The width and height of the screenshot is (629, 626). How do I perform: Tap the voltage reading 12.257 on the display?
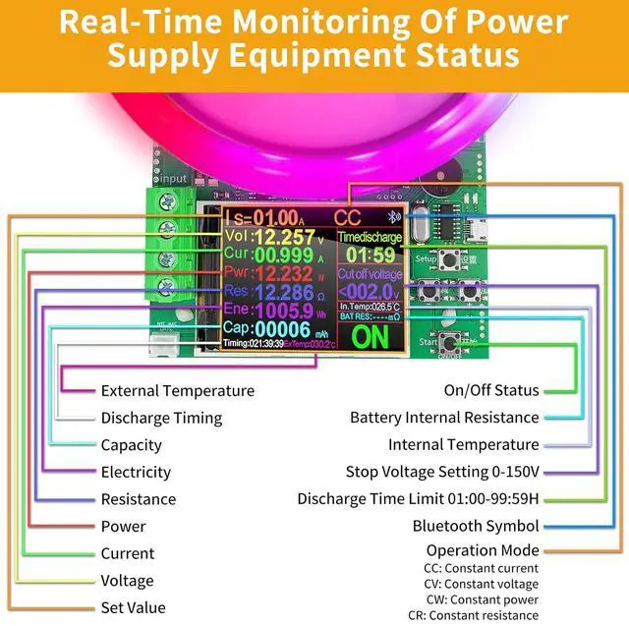tap(284, 238)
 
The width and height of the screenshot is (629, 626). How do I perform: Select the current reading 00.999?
tap(284, 256)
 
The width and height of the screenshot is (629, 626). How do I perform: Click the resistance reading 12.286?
tap(283, 292)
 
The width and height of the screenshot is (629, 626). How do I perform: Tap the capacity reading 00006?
tap(282, 329)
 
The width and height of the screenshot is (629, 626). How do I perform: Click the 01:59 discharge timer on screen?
tap(370, 256)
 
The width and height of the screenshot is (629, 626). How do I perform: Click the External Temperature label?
tap(178, 391)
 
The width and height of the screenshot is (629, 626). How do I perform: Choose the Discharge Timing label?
tap(161, 418)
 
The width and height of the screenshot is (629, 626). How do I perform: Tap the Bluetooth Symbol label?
tap(476, 526)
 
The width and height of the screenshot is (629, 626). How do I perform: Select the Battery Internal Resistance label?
tap(444, 418)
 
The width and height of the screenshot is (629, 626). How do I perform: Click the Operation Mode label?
tap(483, 550)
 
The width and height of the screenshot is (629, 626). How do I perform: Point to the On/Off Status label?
tap(491, 391)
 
